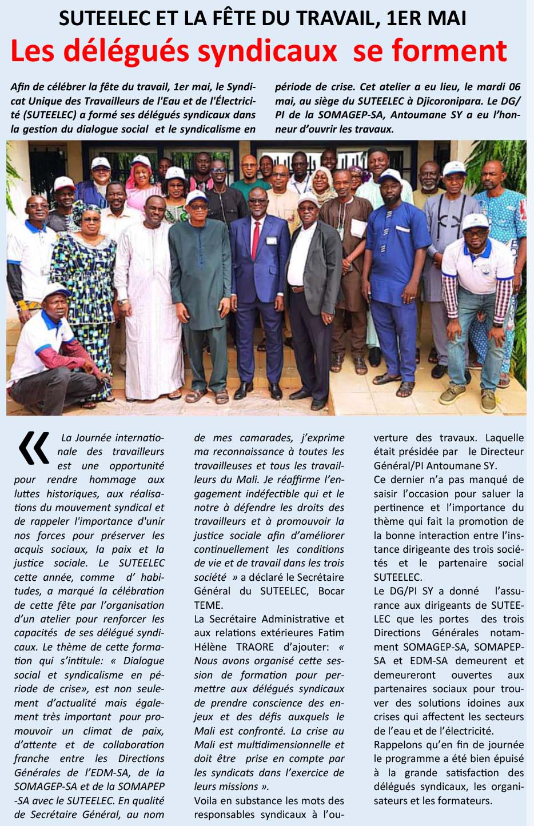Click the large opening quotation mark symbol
point(34,448)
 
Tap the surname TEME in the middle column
point(208,605)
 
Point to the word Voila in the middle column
point(206,800)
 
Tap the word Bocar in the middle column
point(331,590)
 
